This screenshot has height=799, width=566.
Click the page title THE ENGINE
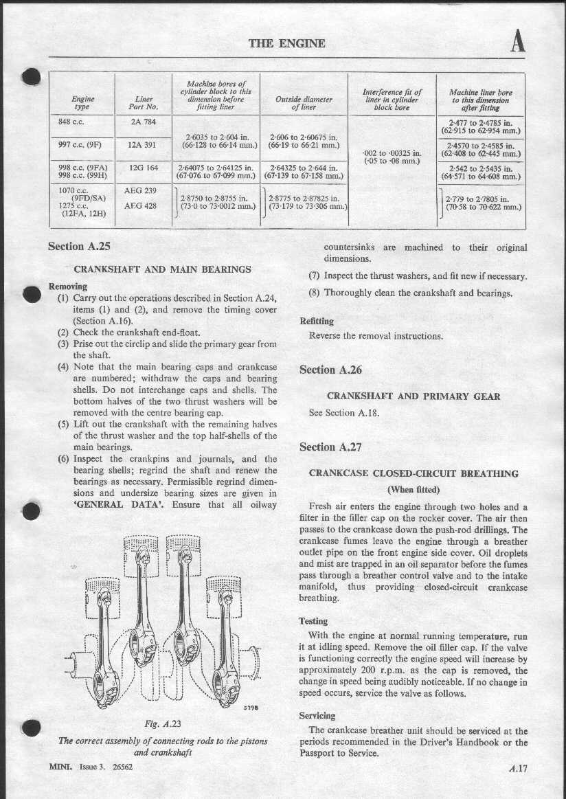tap(286, 43)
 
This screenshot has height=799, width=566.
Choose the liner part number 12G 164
tap(144, 167)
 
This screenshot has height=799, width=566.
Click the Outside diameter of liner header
tap(304, 103)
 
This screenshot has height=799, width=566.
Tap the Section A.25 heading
tap(79, 246)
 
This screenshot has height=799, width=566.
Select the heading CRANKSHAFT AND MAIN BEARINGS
tap(162, 269)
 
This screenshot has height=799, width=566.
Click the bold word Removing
tap(68, 286)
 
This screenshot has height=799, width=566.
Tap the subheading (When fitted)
tap(414, 489)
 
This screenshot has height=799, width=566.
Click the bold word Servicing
tap(317, 716)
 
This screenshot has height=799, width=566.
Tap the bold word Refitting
tap(317, 321)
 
